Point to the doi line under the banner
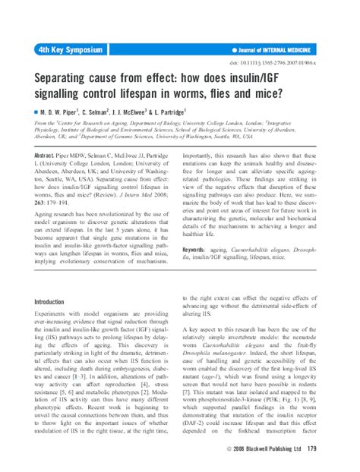tap(292, 63)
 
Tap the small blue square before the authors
tap(36, 112)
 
